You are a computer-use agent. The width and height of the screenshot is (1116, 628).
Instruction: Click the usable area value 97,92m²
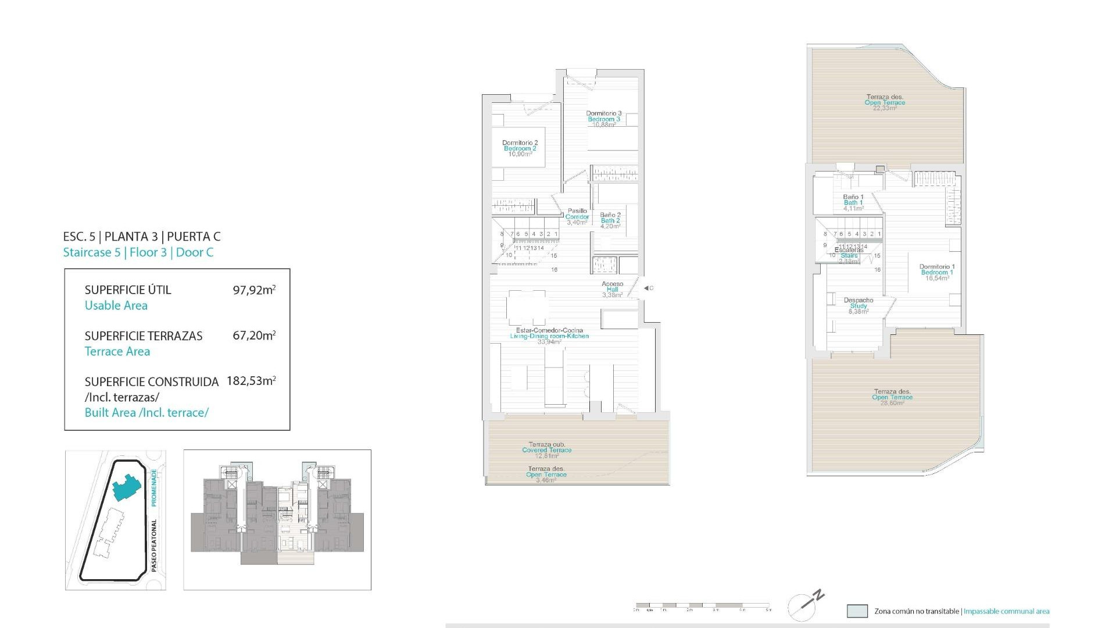tap(254, 290)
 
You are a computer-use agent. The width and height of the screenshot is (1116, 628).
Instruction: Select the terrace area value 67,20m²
tap(254, 336)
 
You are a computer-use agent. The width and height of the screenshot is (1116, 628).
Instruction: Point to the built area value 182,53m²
tap(251, 381)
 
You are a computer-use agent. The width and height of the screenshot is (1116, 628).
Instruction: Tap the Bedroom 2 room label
tap(520, 148)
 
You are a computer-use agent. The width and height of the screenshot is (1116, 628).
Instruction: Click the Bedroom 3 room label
tap(604, 119)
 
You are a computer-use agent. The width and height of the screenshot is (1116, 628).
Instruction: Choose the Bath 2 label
tap(610, 220)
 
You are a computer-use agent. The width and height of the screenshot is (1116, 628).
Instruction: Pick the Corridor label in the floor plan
tap(577, 216)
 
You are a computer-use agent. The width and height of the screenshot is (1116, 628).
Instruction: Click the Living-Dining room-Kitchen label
tap(549, 336)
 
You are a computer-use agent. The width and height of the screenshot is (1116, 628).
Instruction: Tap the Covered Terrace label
tap(546, 450)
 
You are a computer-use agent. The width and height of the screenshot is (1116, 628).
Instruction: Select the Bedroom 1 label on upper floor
tap(937, 272)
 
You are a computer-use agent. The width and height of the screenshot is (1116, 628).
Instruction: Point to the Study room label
tap(859, 306)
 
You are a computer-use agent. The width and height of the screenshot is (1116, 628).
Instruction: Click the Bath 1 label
tap(853, 202)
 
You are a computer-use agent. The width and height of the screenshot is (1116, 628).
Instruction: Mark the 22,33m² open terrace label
tap(885, 103)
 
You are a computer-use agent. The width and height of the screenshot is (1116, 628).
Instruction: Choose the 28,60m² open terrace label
tap(892, 397)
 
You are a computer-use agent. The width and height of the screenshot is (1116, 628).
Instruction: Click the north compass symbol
tap(806, 606)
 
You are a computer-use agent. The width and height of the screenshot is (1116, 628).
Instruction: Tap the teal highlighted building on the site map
tap(126, 487)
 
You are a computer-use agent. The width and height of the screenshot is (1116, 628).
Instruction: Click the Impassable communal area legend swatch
tap(857, 611)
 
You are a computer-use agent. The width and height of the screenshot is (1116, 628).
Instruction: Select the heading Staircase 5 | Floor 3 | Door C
tap(138, 252)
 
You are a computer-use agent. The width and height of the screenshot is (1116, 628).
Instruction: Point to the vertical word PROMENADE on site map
tap(155, 487)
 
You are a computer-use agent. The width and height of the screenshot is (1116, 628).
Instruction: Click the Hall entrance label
tap(613, 289)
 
